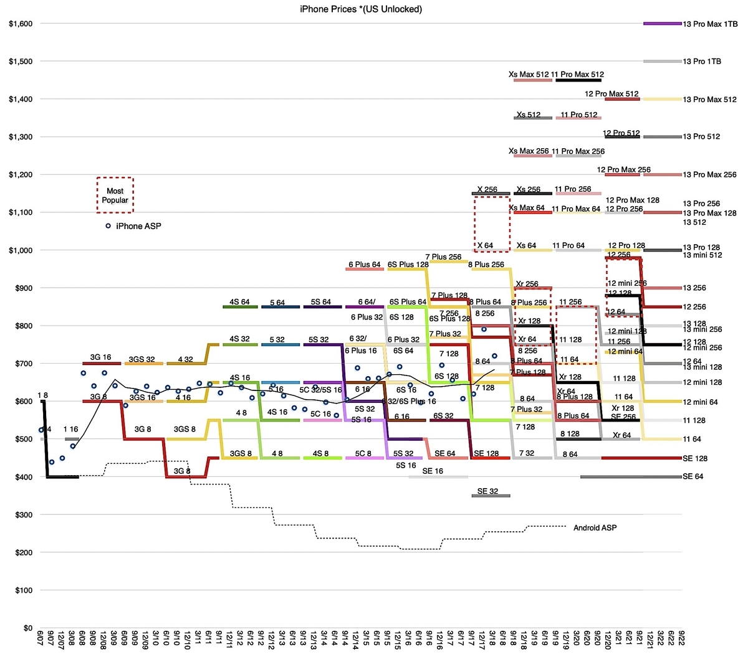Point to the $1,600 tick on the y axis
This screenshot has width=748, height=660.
(20, 24)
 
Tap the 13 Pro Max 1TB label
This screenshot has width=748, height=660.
(710, 24)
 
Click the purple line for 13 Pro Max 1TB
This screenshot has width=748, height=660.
(662, 24)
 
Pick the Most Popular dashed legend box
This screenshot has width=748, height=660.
(115, 195)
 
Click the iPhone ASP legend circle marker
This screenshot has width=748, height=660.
(108, 226)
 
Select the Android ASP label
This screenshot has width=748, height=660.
(595, 528)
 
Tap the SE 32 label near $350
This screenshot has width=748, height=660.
(487, 491)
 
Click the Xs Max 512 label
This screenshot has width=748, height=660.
(529, 75)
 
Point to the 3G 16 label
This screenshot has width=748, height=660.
(100, 357)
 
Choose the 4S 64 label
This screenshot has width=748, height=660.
(239, 302)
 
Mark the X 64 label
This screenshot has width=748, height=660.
(485, 245)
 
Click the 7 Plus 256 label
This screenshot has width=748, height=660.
(443, 257)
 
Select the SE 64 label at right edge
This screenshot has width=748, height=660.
(694, 477)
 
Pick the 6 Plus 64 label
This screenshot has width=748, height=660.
(364, 265)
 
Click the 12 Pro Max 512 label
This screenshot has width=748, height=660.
(611, 94)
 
